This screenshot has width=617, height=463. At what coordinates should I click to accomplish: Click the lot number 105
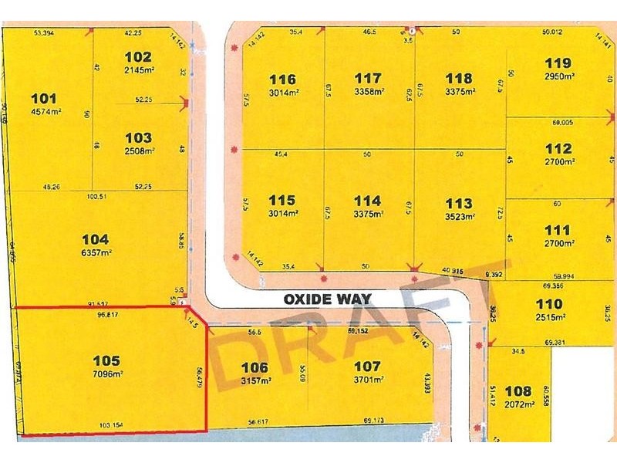(106, 360)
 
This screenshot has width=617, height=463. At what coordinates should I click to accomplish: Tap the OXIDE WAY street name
(327, 299)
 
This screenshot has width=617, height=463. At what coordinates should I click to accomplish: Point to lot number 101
(43, 98)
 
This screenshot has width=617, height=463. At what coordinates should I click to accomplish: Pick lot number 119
(558, 63)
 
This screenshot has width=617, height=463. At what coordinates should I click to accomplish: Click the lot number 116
(282, 79)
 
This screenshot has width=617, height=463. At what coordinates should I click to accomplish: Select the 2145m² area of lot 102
(138, 70)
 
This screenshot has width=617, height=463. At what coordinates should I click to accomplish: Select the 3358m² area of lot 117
(368, 92)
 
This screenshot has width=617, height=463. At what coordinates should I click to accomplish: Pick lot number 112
(558, 148)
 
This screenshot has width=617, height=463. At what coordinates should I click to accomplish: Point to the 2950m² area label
(558, 76)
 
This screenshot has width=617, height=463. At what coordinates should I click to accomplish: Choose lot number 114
(368, 203)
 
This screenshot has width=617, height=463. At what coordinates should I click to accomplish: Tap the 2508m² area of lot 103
(138, 150)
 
